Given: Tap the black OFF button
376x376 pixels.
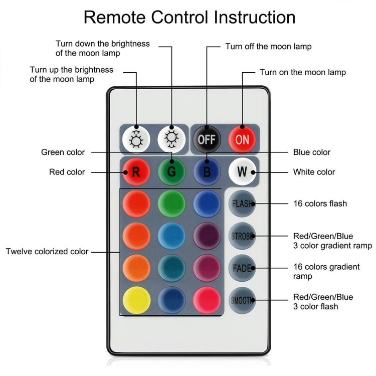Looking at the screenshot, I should coord(207,139).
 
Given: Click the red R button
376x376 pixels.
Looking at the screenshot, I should coord(136,172).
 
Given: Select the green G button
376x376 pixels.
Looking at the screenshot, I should coord(171,172).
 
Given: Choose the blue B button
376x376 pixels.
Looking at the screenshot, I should coord(207,172).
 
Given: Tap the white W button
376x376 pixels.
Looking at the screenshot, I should coord(242,172).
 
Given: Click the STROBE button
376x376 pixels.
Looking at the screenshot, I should coord(242,236).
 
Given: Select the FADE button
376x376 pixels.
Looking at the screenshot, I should coord(242,268).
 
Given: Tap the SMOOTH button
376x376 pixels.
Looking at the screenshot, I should coord(242,300).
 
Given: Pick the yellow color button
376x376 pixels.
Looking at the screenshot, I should coord(136,300).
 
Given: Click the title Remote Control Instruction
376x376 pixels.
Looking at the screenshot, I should coord(189,17).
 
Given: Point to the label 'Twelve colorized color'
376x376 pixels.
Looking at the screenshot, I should coord(47,252).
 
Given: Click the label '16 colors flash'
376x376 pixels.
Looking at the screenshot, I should coord(320,204).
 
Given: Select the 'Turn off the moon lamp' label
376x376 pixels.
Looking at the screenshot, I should coord(268,47).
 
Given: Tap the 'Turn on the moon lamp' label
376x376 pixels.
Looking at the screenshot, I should coord(302,72).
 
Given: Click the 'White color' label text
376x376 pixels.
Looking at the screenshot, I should coord(314,172).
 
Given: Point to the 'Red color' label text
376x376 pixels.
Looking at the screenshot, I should coord(67,172).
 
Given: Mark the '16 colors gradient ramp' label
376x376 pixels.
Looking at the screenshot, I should coord(326,271).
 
